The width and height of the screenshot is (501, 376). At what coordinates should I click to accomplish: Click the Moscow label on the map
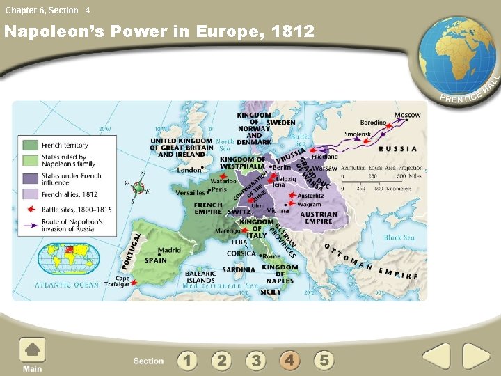point(407,115)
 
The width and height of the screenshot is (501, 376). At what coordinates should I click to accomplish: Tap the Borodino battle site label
point(373,123)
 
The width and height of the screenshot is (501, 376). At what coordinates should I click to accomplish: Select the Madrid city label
point(169,250)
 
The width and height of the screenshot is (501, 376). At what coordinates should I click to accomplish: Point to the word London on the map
point(189,170)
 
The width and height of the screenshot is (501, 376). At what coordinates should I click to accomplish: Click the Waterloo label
point(223,181)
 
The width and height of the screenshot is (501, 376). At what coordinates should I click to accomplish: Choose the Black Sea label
point(399,237)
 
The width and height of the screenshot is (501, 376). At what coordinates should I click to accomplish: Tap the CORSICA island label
point(242,254)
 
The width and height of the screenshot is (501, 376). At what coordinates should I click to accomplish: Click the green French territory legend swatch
point(30,146)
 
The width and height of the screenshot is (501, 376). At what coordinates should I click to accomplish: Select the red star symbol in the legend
point(30,209)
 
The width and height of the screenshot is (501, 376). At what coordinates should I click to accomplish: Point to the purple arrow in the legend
point(30,225)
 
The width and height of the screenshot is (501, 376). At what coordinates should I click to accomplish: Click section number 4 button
point(289,360)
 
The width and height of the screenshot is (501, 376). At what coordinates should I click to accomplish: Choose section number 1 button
point(186,360)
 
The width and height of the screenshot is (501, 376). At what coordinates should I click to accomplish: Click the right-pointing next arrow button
point(477,356)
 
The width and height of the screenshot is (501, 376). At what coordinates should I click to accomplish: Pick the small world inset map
point(64,258)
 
